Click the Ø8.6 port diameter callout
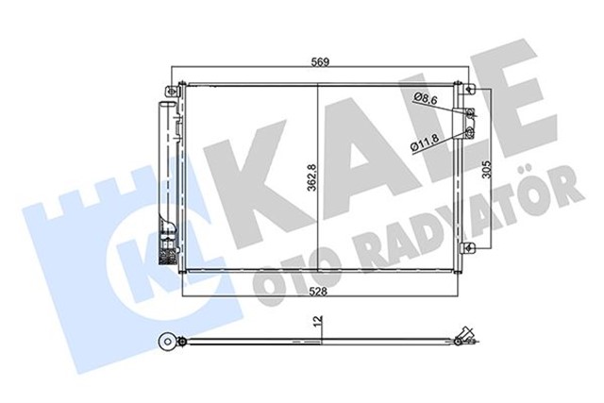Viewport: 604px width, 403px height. pyautogui.click(x=428, y=96)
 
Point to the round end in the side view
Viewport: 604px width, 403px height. pyautogui.click(x=169, y=343)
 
